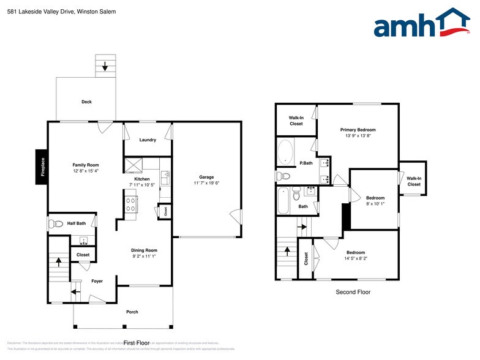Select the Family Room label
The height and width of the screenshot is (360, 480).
coord(86,165)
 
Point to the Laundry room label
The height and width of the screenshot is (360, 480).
coord(148,140)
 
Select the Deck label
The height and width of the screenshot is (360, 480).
coord(86,102)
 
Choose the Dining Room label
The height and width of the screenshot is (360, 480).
coord(144,250)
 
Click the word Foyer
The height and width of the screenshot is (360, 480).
coord(97,281)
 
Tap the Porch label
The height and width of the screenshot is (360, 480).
coord(132,312)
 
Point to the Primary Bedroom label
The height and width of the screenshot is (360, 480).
coord(358,130)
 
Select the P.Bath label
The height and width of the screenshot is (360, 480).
coord(306,163)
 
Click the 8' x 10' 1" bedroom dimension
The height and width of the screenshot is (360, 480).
coord(375,204)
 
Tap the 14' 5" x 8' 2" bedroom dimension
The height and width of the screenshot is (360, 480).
coord(356,258)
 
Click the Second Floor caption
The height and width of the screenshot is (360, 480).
coord(353,292)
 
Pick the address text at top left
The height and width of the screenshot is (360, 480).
coord(50,12)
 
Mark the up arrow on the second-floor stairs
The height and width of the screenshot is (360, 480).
coord(286,252)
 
